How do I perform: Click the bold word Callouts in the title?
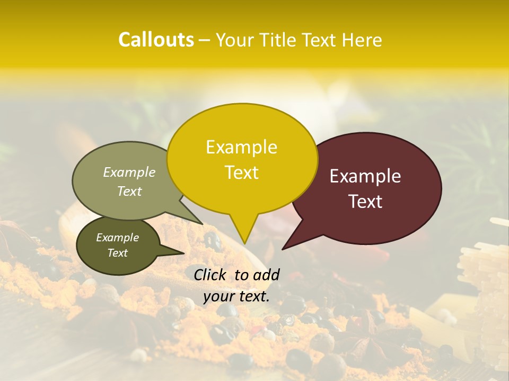coord(156,40)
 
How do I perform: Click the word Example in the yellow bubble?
coord(241,147)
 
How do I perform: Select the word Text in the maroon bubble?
coord(365,202)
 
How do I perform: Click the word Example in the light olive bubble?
coord(129,172)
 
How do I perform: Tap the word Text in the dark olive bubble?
coord(118,253)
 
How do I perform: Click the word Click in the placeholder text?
coord(210,275)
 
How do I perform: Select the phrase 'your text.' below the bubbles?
coord(236,296)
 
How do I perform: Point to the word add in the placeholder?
coord(267,275)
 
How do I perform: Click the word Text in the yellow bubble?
coord(242,173)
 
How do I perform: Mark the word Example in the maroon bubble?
coord(365,176)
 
